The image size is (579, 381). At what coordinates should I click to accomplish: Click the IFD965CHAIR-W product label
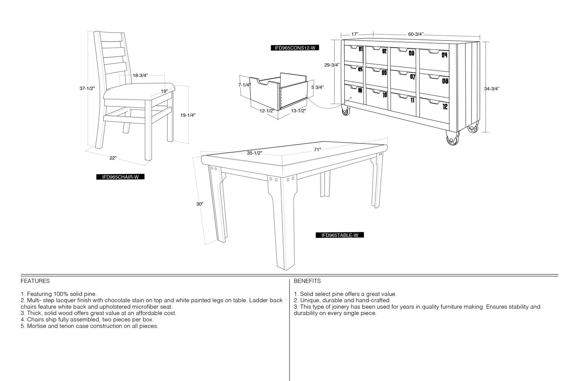pos(120,177)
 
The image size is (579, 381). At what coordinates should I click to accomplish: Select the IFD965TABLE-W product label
pos(340,235)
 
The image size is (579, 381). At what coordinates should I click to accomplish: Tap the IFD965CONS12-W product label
pos(295,48)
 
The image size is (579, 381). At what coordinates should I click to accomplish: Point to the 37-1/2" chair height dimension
pos(87,89)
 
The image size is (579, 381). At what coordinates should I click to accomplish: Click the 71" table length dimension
pos(317,150)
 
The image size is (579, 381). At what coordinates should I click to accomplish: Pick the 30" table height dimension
pos(199,204)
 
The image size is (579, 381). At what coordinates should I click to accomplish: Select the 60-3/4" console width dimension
pos(416,34)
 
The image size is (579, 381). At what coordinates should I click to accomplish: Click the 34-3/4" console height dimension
pos(492,89)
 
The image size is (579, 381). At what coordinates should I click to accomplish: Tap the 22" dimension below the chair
pos(113,158)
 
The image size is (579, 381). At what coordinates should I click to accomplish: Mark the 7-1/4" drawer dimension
pos(244,85)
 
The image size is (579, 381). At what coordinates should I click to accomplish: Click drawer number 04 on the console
pos(444,55)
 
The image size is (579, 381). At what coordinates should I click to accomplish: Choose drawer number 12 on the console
pos(445,107)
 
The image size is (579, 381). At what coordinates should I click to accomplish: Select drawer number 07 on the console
pos(413,77)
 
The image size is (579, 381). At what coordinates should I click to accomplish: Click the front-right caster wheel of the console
pos(452,139)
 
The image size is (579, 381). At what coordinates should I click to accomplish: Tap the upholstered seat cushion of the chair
pos(139,92)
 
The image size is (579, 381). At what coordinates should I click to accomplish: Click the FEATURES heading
pos(35,281)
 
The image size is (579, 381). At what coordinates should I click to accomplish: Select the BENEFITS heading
pos(307,281)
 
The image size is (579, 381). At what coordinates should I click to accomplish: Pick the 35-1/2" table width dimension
pos(254,153)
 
